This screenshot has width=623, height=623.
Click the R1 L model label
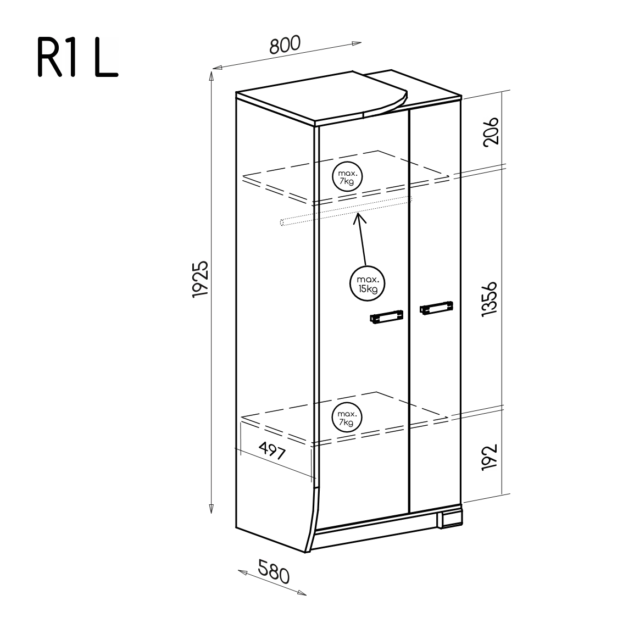[x=78, y=57]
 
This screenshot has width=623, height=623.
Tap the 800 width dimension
[x=285, y=44]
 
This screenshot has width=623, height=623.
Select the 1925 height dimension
[x=201, y=279]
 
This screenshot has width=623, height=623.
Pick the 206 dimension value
[x=490, y=131]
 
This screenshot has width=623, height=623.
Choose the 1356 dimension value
[x=489, y=299]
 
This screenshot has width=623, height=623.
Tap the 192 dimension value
[x=489, y=458]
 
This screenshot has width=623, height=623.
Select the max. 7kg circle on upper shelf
[x=347, y=177]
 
